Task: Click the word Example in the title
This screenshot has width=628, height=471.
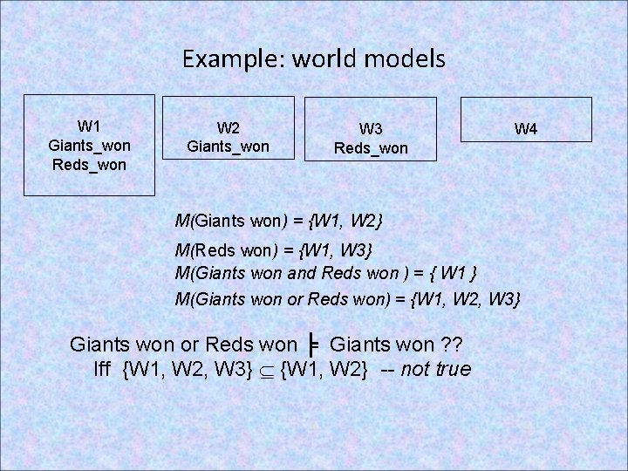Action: tap(221, 59)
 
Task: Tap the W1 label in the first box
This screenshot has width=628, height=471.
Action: tap(89, 124)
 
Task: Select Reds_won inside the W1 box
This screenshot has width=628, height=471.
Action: tap(89, 162)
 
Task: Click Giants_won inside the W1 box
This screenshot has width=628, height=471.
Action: tap(89, 143)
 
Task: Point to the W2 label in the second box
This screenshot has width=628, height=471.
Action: tap(229, 127)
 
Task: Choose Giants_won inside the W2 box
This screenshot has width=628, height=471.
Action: tap(229, 147)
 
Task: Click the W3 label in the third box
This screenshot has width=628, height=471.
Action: tap(371, 130)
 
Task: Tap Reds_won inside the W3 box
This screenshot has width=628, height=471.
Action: tap(371, 149)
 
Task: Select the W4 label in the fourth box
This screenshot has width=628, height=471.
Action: tap(525, 129)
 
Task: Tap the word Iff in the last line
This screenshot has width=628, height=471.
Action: tap(106, 369)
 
